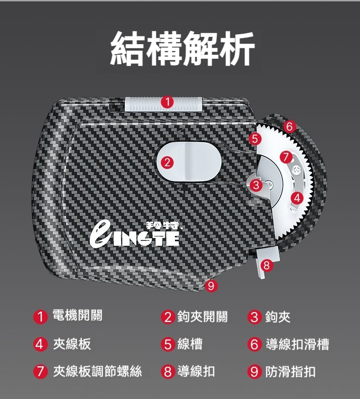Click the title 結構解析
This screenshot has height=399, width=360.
click(182, 49)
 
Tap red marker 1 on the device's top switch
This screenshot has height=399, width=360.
click(167, 102)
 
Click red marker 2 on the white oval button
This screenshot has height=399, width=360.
click(167, 162)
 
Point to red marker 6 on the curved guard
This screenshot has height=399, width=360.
click(290, 127)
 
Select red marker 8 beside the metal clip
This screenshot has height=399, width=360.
click(266, 266)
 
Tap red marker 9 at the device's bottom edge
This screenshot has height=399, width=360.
click(211, 286)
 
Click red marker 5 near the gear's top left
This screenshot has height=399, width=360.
click(255, 138)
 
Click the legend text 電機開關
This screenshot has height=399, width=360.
click(77, 316)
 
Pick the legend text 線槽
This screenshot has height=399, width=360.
click(190, 344)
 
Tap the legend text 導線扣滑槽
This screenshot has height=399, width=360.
click(298, 344)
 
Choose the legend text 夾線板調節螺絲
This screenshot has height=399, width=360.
click(98, 371)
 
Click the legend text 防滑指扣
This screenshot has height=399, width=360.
click(290, 372)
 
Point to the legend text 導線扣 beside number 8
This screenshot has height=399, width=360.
click(196, 371)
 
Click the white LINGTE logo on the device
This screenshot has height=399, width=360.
click(134, 235)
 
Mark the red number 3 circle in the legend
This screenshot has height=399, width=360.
click(255, 317)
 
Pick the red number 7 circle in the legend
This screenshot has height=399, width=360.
click(40, 372)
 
